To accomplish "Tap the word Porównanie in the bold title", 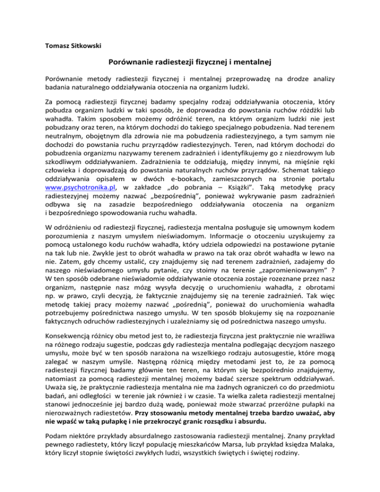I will pos(133,63).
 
